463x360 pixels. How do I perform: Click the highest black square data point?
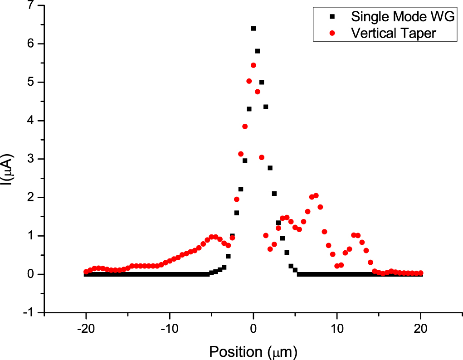click(253, 28)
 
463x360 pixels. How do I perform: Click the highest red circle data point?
click(253, 65)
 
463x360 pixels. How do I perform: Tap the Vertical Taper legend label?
click(393, 33)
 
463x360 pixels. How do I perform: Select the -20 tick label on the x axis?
click(86, 328)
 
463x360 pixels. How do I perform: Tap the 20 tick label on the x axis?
click(420, 328)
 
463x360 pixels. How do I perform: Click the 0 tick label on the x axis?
click(253, 328)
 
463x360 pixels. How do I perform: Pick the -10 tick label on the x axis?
click(170, 328)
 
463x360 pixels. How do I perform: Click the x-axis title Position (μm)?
click(253, 351)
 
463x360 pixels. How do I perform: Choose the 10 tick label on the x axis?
click(337, 328)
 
